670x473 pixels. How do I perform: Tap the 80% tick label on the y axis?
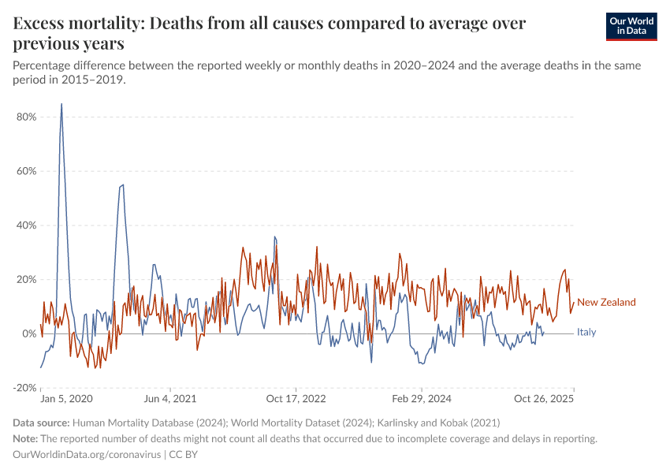(x=25, y=117)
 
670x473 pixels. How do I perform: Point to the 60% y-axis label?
(x=25, y=171)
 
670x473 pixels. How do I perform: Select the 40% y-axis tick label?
(x=25, y=225)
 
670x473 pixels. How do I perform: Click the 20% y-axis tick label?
(x=25, y=280)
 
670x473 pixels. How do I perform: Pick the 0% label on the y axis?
(x=28, y=334)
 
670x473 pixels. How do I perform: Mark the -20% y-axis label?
(x=24, y=388)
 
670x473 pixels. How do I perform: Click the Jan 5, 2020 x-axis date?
(x=66, y=400)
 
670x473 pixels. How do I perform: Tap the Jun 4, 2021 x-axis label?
(x=169, y=400)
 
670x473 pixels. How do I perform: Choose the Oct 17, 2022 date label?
(x=296, y=400)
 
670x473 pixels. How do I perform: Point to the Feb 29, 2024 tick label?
(x=422, y=400)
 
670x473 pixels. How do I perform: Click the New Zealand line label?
(x=606, y=303)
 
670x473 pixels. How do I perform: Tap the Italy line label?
(x=586, y=333)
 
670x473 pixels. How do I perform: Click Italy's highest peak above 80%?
(x=61, y=104)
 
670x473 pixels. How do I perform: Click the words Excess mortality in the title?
(x=76, y=24)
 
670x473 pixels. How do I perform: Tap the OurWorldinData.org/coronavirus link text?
(x=87, y=455)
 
